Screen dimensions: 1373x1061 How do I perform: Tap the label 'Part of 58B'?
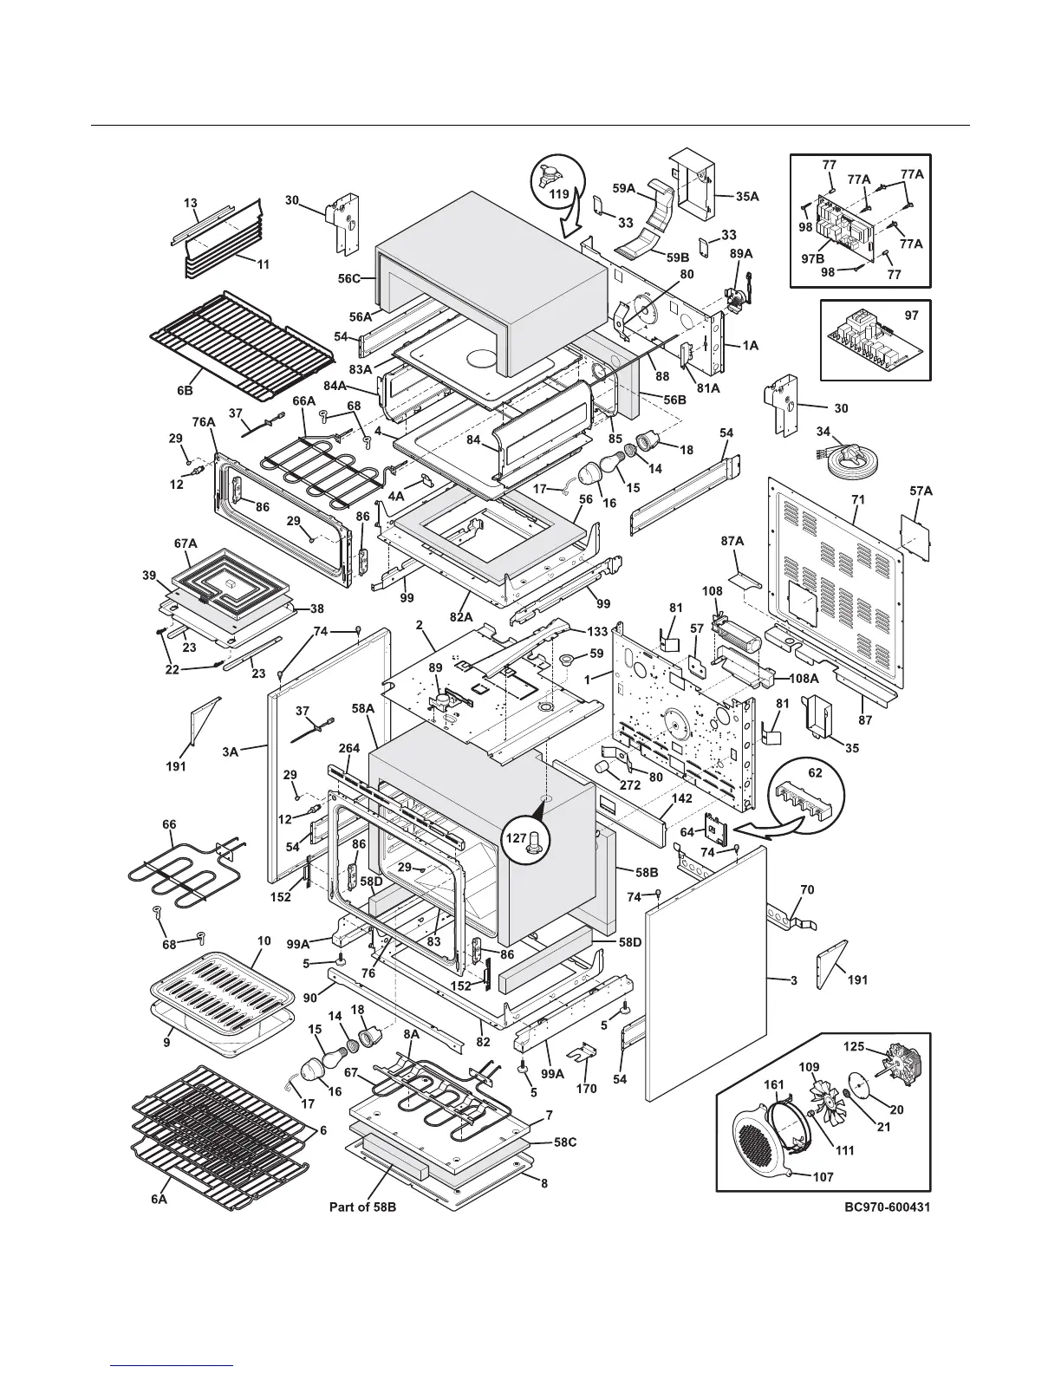pos(362,1206)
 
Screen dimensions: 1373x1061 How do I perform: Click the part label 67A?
pos(186,543)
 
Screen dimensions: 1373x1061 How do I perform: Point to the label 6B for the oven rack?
pos(186,391)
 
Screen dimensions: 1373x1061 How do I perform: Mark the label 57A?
pos(921,491)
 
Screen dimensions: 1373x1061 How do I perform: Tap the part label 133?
pos(596,632)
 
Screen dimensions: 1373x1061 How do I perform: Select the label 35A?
pos(747,197)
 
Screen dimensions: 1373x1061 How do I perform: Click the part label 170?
pos(586,1088)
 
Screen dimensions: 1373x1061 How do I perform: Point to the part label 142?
pos(681,799)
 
